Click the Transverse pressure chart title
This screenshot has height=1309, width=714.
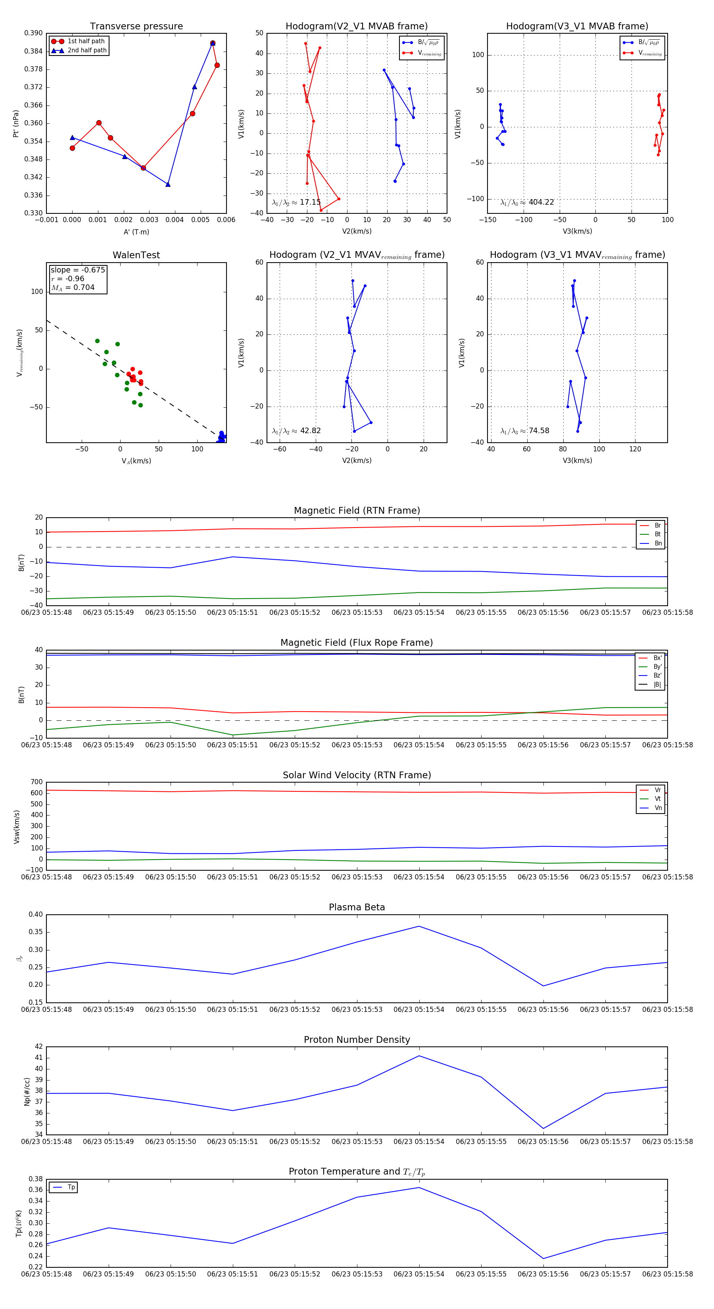(x=136, y=27)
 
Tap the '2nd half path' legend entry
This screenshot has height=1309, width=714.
(x=87, y=50)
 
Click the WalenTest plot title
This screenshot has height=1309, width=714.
(x=136, y=255)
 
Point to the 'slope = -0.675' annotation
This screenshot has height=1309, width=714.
(x=78, y=270)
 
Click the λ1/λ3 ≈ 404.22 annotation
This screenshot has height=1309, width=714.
(x=527, y=202)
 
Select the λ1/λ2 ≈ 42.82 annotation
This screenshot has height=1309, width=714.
(x=296, y=431)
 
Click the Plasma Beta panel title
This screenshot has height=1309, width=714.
(x=357, y=907)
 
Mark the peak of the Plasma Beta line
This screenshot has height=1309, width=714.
(x=419, y=926)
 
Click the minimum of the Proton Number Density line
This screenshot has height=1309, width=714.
(x=543, y=1129)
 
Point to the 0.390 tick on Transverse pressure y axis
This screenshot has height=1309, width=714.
(x=34, y=33)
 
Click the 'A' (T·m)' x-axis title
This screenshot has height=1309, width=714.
(x=136, y=232)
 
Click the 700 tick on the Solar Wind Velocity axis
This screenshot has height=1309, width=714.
(x=36, y=782)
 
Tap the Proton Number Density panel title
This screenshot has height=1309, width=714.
(x=357, y=1040)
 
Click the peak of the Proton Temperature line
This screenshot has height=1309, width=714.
(x=419, y=1188)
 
